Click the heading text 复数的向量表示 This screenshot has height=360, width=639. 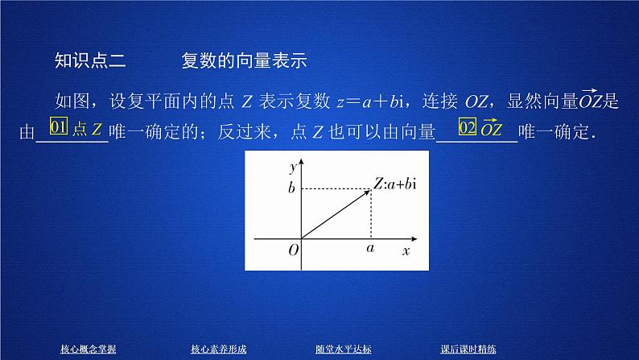point(246,61)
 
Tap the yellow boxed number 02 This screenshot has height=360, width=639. point(467,128)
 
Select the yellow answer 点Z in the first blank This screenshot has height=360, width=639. point(88,129)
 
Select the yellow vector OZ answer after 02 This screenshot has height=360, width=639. point(492,128)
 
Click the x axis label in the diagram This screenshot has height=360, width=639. point(406,251)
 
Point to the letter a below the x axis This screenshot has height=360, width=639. point(370,250)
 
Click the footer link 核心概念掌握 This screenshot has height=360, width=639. point(89,349)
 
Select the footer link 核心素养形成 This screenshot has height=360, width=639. point(217,349)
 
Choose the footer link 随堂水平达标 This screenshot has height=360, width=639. point(344,349)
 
